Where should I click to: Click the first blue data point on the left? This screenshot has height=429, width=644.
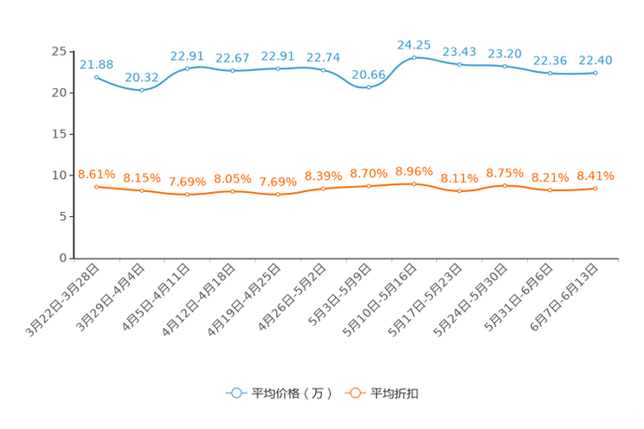point(96,76)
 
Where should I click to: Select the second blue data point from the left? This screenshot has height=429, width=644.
point(141,89)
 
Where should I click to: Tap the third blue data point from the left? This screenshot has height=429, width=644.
point(187,67)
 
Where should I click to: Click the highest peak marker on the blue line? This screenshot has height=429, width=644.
point(414,57)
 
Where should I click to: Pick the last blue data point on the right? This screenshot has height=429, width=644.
point(596,73)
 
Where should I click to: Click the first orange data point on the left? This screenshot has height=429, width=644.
point(96,186)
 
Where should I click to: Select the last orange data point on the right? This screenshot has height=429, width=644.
point(596,188)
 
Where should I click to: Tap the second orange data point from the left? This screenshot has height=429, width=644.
point(141,189)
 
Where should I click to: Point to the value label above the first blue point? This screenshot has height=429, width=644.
point(96,63)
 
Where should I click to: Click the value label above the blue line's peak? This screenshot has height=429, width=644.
point(414,44)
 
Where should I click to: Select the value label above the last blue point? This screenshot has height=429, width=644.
point(596,60)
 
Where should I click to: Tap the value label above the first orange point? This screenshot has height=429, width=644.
point(96,174)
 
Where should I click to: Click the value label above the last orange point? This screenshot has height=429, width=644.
point(596,176)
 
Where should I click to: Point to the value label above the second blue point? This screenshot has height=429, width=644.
point(141,77)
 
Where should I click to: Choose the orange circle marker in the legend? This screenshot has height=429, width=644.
point(354,393)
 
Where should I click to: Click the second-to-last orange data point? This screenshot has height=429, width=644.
point(550,189)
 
